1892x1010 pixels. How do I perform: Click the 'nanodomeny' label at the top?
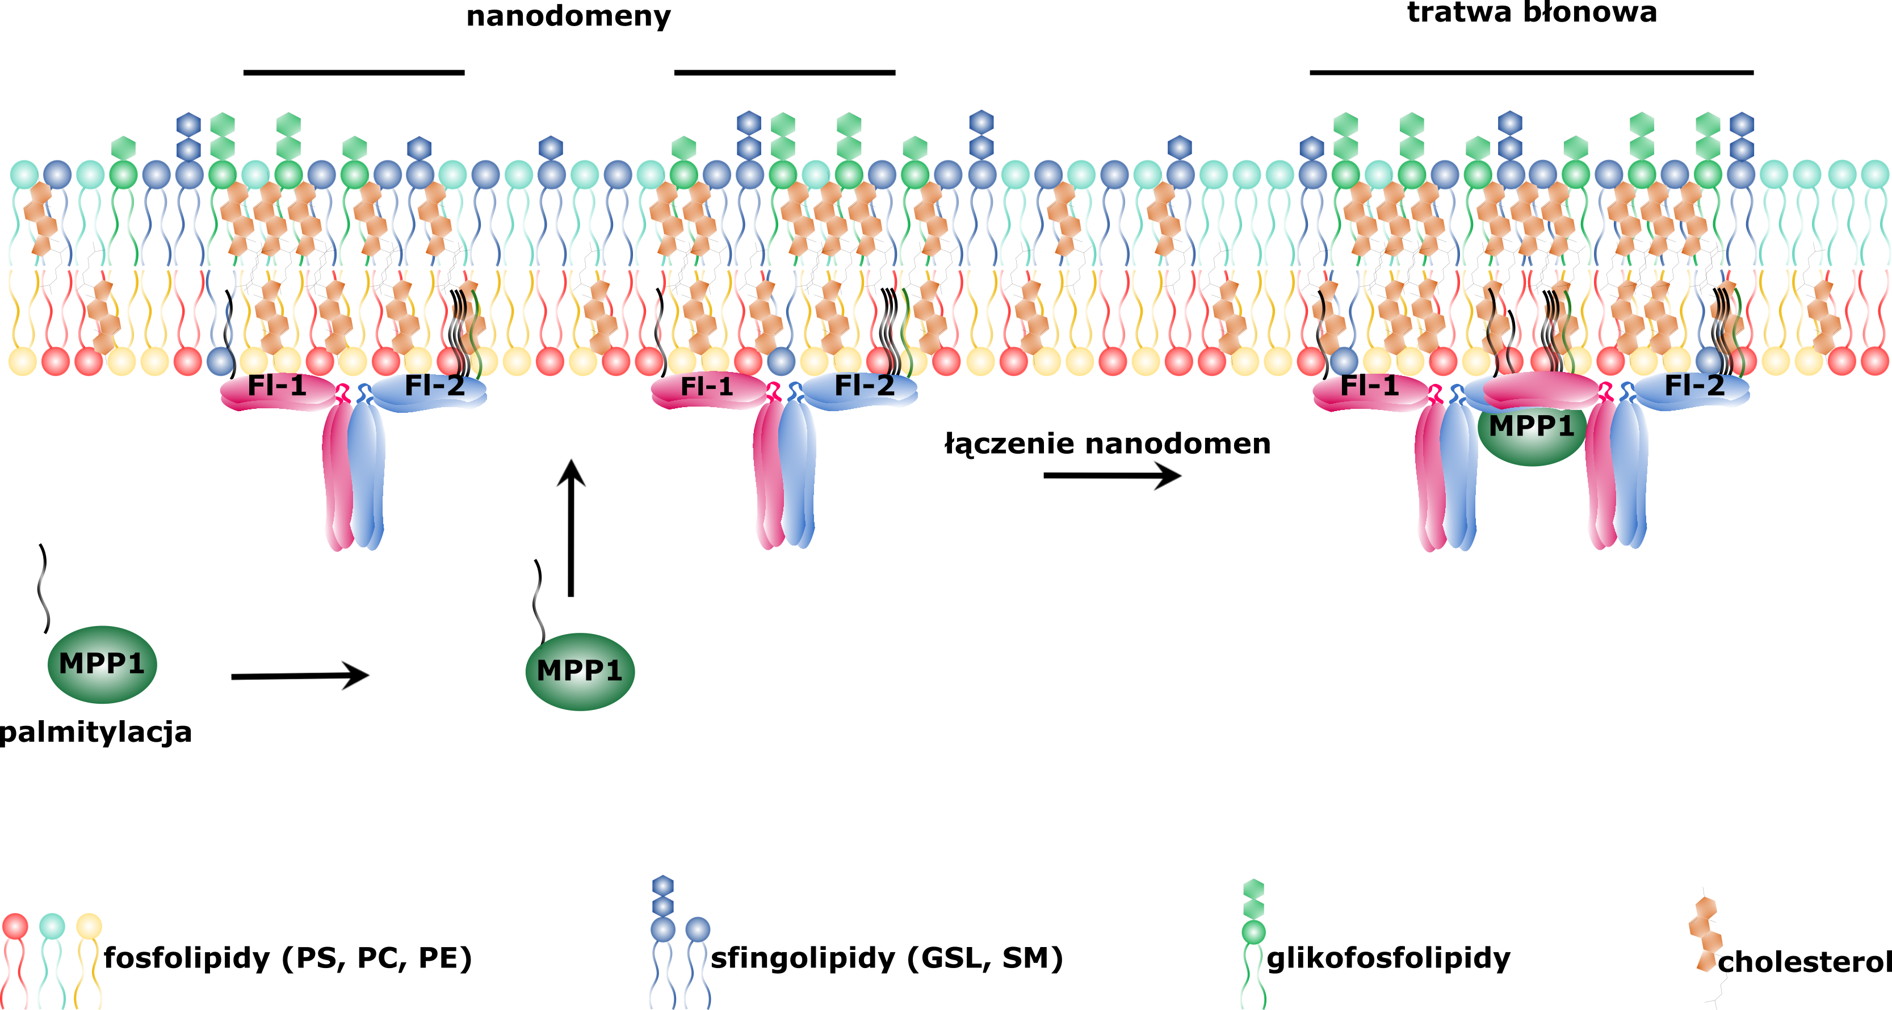click(x=568, y=16)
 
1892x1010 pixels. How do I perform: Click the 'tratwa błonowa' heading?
click(x=1532, y=12)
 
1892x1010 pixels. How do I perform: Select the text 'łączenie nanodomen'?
click(x=1107, y=444)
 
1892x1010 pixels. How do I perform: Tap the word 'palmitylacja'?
click(x=95, y=733)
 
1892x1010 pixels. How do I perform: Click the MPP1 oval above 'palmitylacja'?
click(x=102, y=664)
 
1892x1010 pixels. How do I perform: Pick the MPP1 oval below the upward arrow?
click(x=580, y=671)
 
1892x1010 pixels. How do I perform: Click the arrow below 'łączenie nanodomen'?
click(x=1111, y=476)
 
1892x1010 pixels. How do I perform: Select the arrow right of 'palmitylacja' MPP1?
click(x=300, y=676)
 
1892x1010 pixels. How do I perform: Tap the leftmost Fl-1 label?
click(x=277, y=386)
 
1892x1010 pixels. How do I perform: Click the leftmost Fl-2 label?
click(x=435, y=386)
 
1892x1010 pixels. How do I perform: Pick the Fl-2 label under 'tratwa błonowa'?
click(x=1694, y=386)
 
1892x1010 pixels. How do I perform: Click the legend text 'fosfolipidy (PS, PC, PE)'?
click(x=288, y=958)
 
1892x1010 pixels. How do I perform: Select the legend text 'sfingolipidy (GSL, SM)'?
click(x=887, y=958)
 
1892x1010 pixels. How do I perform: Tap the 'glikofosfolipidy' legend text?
click(x=1388, y=958)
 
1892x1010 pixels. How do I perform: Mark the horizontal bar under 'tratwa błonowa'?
click(x=1532, y=73)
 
